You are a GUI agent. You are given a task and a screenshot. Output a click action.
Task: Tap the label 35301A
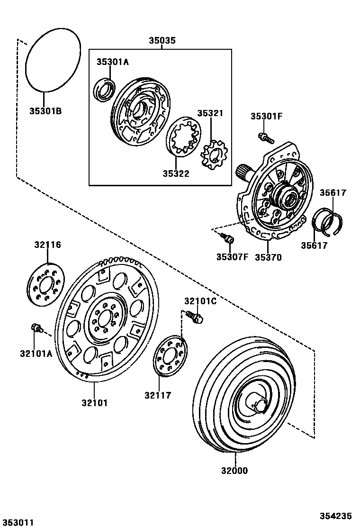pos(113,62)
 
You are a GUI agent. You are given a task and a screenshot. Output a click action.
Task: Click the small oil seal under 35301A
pos(103,91)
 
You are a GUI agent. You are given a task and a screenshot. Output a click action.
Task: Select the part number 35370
pos(268,257)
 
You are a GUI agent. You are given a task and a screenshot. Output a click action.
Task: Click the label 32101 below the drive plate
pos(94,403)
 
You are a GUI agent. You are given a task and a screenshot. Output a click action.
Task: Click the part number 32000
pos(234,471)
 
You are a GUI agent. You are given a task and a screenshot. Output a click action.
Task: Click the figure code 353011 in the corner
pos(18,522)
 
